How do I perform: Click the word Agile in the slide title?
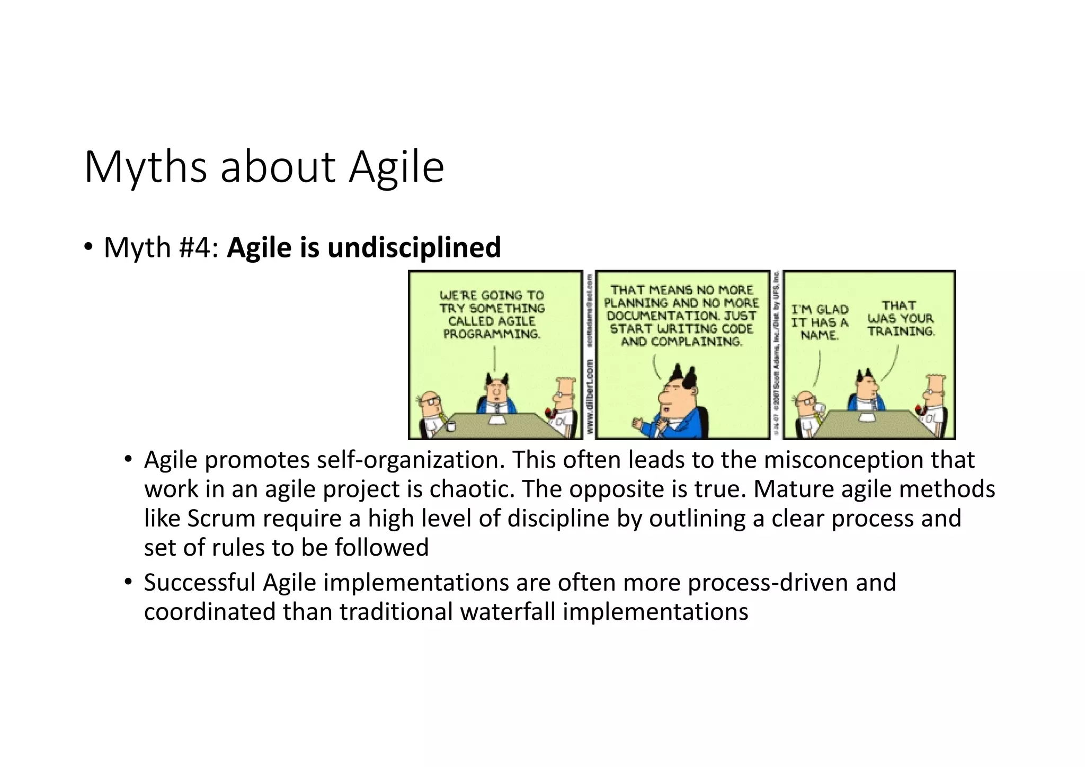(396, 167)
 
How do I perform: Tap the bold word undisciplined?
(414, 247)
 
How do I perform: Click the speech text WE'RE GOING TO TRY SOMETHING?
(492, 302)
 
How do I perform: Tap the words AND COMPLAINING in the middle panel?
(681, 342)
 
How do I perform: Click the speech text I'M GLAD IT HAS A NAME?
(820, 322)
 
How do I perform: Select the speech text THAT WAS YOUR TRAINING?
(900, 318)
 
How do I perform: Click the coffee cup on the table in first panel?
(451, 425)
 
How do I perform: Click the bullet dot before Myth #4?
(88, 247)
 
